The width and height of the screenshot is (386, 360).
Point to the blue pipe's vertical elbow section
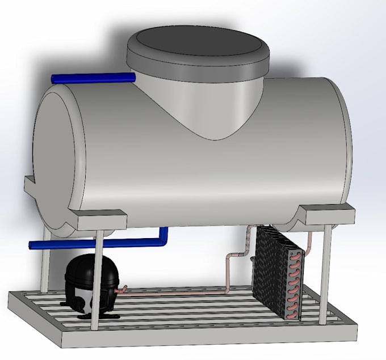pyautogui.click(x=164, y=236)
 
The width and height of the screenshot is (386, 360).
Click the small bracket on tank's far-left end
pyautogui.click(x=30, y=185)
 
